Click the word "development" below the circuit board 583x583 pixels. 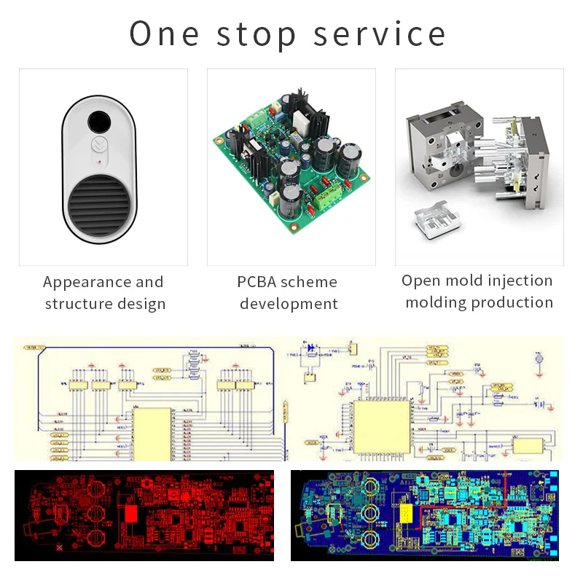pos(289,304)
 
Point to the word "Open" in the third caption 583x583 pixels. pos(421,281)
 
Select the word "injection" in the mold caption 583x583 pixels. pos(516,281)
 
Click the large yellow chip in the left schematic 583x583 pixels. pos(152,433)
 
